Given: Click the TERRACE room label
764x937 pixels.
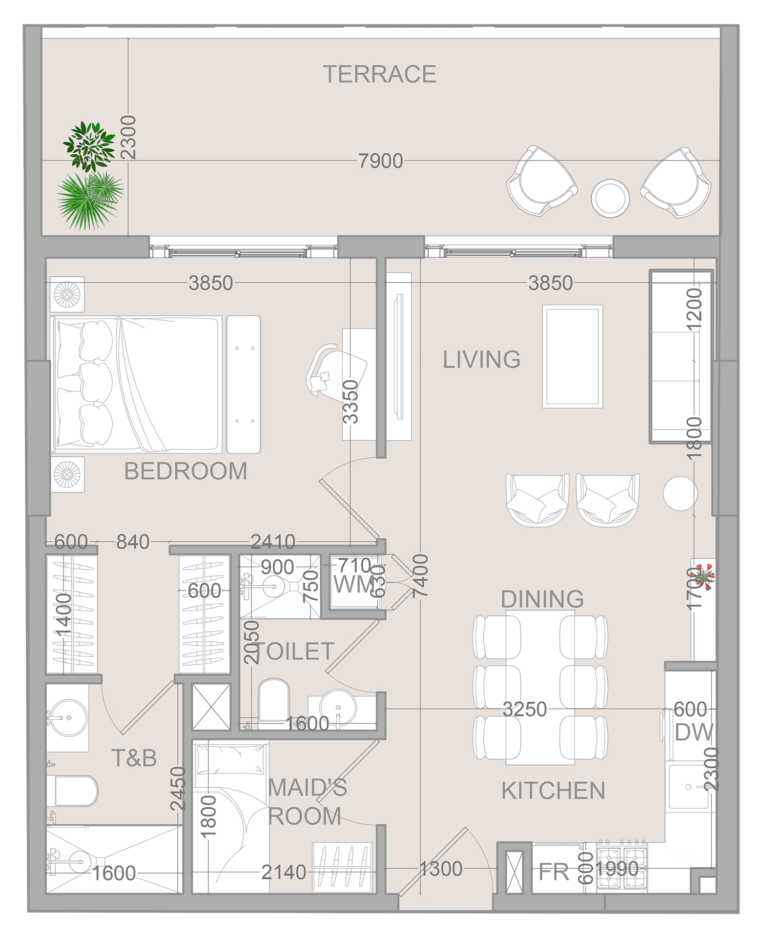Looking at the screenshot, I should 379,74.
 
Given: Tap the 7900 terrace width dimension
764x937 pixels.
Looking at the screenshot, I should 380,161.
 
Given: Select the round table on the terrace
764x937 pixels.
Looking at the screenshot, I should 610,199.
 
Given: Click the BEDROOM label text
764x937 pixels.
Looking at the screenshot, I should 186,471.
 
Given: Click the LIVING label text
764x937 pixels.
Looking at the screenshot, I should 481,360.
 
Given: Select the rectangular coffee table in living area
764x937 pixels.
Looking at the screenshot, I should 572,356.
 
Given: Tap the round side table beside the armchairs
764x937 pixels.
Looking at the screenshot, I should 680,493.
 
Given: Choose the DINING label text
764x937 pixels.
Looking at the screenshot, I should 542,599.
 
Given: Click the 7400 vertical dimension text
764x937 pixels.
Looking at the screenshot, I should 420,576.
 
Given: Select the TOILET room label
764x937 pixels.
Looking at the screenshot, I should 294,652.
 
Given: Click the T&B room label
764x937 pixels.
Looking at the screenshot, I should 134,758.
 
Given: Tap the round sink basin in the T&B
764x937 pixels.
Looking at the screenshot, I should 69,718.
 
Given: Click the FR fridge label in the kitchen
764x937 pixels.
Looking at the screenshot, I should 554,872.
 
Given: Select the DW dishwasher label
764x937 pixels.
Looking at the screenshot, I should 694,732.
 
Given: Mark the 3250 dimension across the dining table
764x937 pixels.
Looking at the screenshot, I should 524,709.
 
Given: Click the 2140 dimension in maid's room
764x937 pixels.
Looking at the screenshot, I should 283,872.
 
